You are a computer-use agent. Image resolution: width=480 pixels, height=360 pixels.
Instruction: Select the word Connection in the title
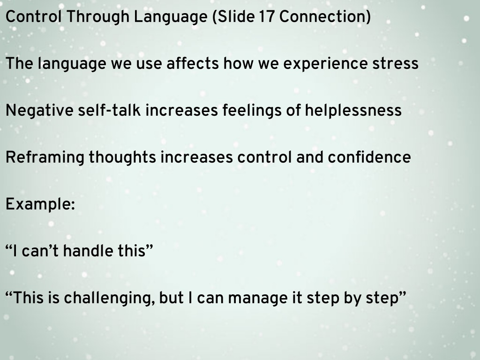point(322,16)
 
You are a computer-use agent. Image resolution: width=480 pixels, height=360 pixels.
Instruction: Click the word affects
point(193,64)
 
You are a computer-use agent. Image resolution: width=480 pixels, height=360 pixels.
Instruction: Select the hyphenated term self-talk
point(109,111)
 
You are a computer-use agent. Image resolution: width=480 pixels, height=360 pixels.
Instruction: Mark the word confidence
point(369,157)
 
